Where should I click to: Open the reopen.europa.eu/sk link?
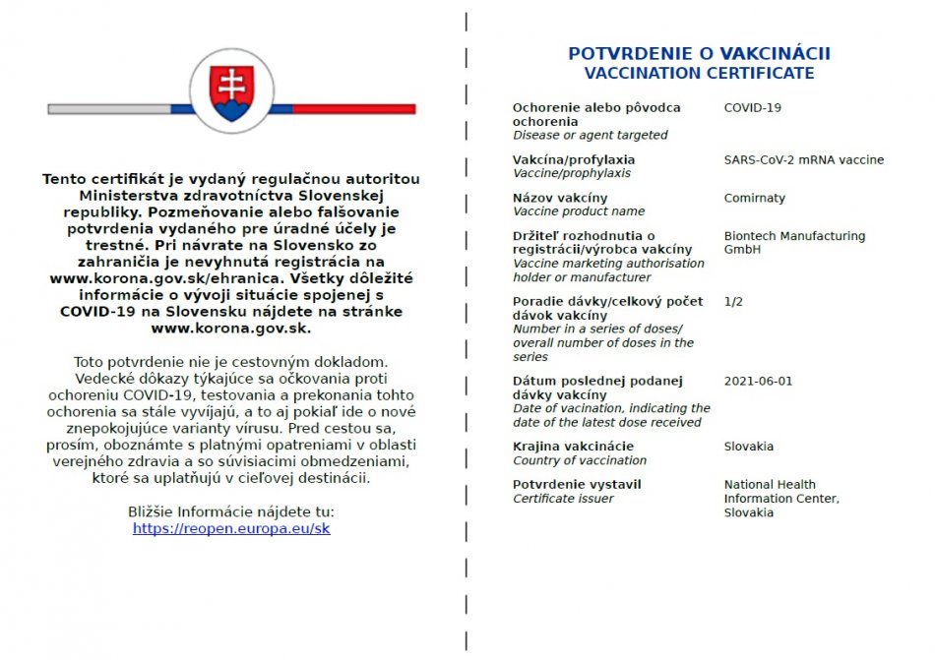[x=231, y=528]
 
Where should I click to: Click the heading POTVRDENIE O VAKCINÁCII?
[x=699, y=53]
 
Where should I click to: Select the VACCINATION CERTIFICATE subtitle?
[x=699, y=73]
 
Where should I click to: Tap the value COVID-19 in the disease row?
[x=752, y=108]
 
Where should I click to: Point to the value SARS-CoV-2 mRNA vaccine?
[x=803, y=159]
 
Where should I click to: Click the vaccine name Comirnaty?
[x=754, y=198]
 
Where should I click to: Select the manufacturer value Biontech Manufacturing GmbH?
[x=794, y=243]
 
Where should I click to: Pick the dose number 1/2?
[x=733, y=301]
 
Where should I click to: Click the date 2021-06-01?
[x=757, y=381]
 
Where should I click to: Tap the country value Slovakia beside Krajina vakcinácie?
[x=748, y=447]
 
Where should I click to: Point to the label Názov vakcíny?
[x=560, y=198]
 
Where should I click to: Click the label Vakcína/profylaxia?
[x=574, y=159]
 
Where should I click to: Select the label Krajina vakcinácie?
[x=573, y=447]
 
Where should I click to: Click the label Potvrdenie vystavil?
[x=577, y=484]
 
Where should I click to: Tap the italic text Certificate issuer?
[x=563, y=499]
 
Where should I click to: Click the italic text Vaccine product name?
[x=579, y=211]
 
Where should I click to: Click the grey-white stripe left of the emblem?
[x=108, y=109]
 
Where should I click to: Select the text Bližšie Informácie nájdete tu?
[x=231, y=511]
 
